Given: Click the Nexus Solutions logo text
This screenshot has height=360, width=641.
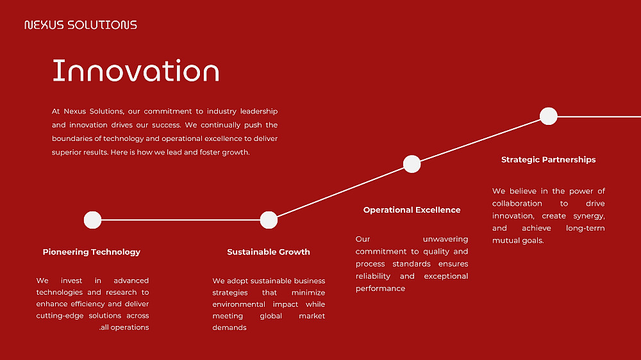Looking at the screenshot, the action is [x=81, y=25].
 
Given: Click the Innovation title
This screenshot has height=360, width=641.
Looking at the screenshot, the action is [x=136, y=70].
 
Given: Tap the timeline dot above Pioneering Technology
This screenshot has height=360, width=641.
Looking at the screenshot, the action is [x=92, y=220].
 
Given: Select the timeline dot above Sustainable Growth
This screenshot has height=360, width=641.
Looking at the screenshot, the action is [x=269, y=220].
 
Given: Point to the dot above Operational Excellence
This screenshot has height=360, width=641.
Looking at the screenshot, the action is [x=412, y=164].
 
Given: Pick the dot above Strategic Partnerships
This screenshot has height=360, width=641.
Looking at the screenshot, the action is [x=548, y=116].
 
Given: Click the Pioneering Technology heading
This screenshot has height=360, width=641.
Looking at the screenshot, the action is [x=92, y=252].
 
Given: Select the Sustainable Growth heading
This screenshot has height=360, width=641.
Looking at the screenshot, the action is [x=269, y=252].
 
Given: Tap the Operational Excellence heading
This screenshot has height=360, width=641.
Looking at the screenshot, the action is [x=412, y=210].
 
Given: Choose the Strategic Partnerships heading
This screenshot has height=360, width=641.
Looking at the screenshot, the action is [x=548, y=160].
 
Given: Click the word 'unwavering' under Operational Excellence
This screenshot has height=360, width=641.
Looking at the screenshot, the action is [x=445, y=239].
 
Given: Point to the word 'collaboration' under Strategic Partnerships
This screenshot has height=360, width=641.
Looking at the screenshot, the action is [x=517, y=204].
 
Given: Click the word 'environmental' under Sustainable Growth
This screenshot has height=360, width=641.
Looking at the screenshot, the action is [x=238, y=304].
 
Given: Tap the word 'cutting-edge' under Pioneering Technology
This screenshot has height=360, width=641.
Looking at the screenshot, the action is [x=60, y=316].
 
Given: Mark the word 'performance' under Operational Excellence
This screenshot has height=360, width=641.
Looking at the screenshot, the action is [x=380, y=288].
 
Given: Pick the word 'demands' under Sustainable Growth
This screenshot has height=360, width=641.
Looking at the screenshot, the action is [x=229, y=328].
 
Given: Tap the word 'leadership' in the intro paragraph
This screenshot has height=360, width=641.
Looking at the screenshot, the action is [x=259, y=111].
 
